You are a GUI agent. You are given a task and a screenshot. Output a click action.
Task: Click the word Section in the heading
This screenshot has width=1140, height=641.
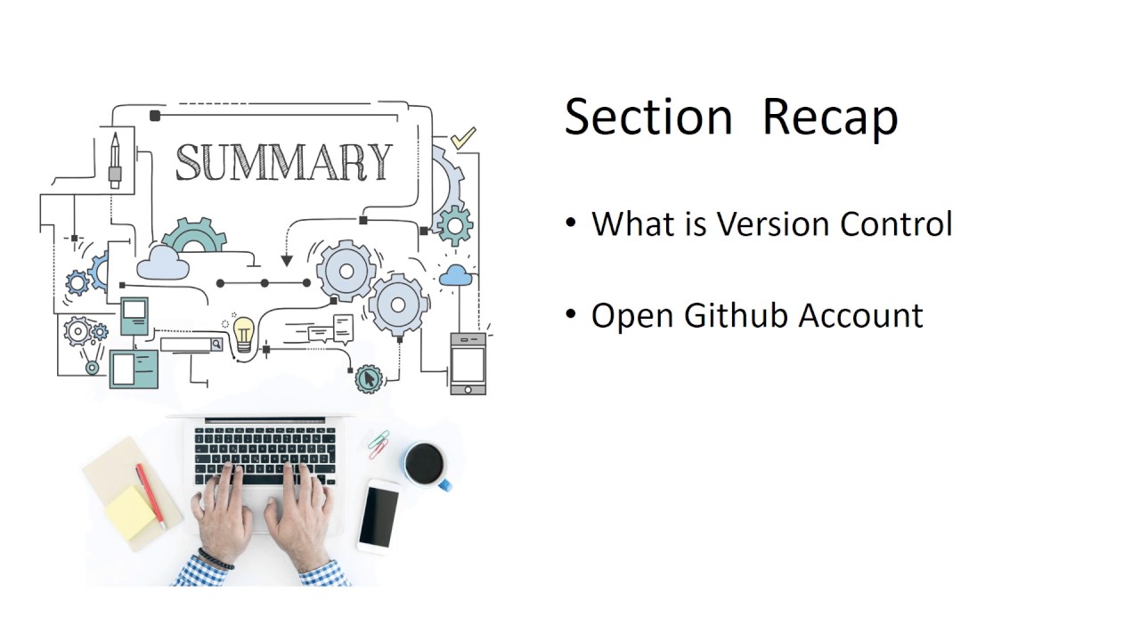click(x=648, y=118)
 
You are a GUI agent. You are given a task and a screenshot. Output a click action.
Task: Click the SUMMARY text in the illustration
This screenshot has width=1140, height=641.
click(x=283, y=163)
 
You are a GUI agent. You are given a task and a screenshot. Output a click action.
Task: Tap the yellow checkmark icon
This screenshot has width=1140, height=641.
click(x=463, y=138)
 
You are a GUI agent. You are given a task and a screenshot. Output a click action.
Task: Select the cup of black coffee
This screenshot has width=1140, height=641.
click(x=425, y=464)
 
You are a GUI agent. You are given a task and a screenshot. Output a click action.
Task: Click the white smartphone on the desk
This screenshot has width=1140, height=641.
click(x=379, y=515)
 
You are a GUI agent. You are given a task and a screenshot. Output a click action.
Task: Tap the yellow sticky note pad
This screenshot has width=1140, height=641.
click(x=130, y=512)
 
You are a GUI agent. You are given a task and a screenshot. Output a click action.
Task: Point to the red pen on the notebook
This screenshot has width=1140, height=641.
click(x=150, y=494)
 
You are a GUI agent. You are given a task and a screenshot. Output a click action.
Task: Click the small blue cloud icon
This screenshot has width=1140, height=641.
click(x=455, y=275)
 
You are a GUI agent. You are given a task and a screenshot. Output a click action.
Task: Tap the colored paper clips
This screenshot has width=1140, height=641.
click(x=379, y=442)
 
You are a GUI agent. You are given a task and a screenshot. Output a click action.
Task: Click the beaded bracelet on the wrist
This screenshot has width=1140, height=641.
click(x=216, y=559)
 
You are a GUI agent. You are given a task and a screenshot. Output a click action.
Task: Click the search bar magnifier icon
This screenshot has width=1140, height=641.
click(x=216, y=344)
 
